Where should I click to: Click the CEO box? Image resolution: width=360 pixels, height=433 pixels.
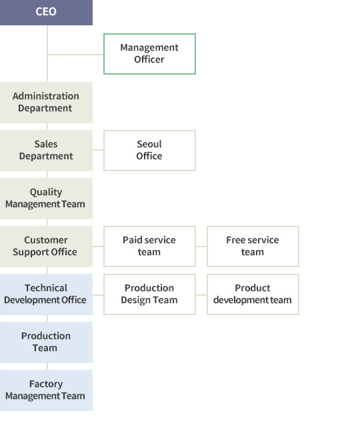pos(46,13)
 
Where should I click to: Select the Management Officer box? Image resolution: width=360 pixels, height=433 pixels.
pos(149,54)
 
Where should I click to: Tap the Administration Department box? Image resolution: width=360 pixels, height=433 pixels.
pos(46,103)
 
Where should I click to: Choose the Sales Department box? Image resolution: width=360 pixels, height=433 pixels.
pos(46,151)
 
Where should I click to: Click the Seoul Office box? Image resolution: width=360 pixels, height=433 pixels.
pos(149,151)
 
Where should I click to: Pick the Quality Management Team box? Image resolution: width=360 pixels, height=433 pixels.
pos(46,199)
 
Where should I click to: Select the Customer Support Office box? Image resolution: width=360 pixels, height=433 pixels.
pos(46,246)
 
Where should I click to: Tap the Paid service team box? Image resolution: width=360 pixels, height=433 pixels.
pos(149,246)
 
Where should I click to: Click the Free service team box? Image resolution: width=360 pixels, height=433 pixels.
pos(253,246)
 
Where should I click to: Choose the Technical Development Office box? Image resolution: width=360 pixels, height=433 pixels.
pos(46,294)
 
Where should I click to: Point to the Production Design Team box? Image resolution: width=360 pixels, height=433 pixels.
pos(149,294)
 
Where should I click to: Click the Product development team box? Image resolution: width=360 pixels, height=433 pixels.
pos(253,294)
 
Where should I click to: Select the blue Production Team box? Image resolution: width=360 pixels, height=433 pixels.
pos(46,342)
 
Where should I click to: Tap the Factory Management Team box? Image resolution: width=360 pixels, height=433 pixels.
pos(46,390)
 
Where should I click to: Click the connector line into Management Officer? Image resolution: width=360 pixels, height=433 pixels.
pos(75,55)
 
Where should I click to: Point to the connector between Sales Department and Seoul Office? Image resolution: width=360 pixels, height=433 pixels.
pos(98,150)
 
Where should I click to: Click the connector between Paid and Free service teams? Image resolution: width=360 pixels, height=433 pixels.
pos(201,246)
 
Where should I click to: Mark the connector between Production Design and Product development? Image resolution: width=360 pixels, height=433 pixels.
pos(201,295)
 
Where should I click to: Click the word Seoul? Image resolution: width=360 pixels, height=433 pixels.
pos(149,144)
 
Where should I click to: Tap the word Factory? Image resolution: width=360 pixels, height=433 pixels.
pos(46,384)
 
